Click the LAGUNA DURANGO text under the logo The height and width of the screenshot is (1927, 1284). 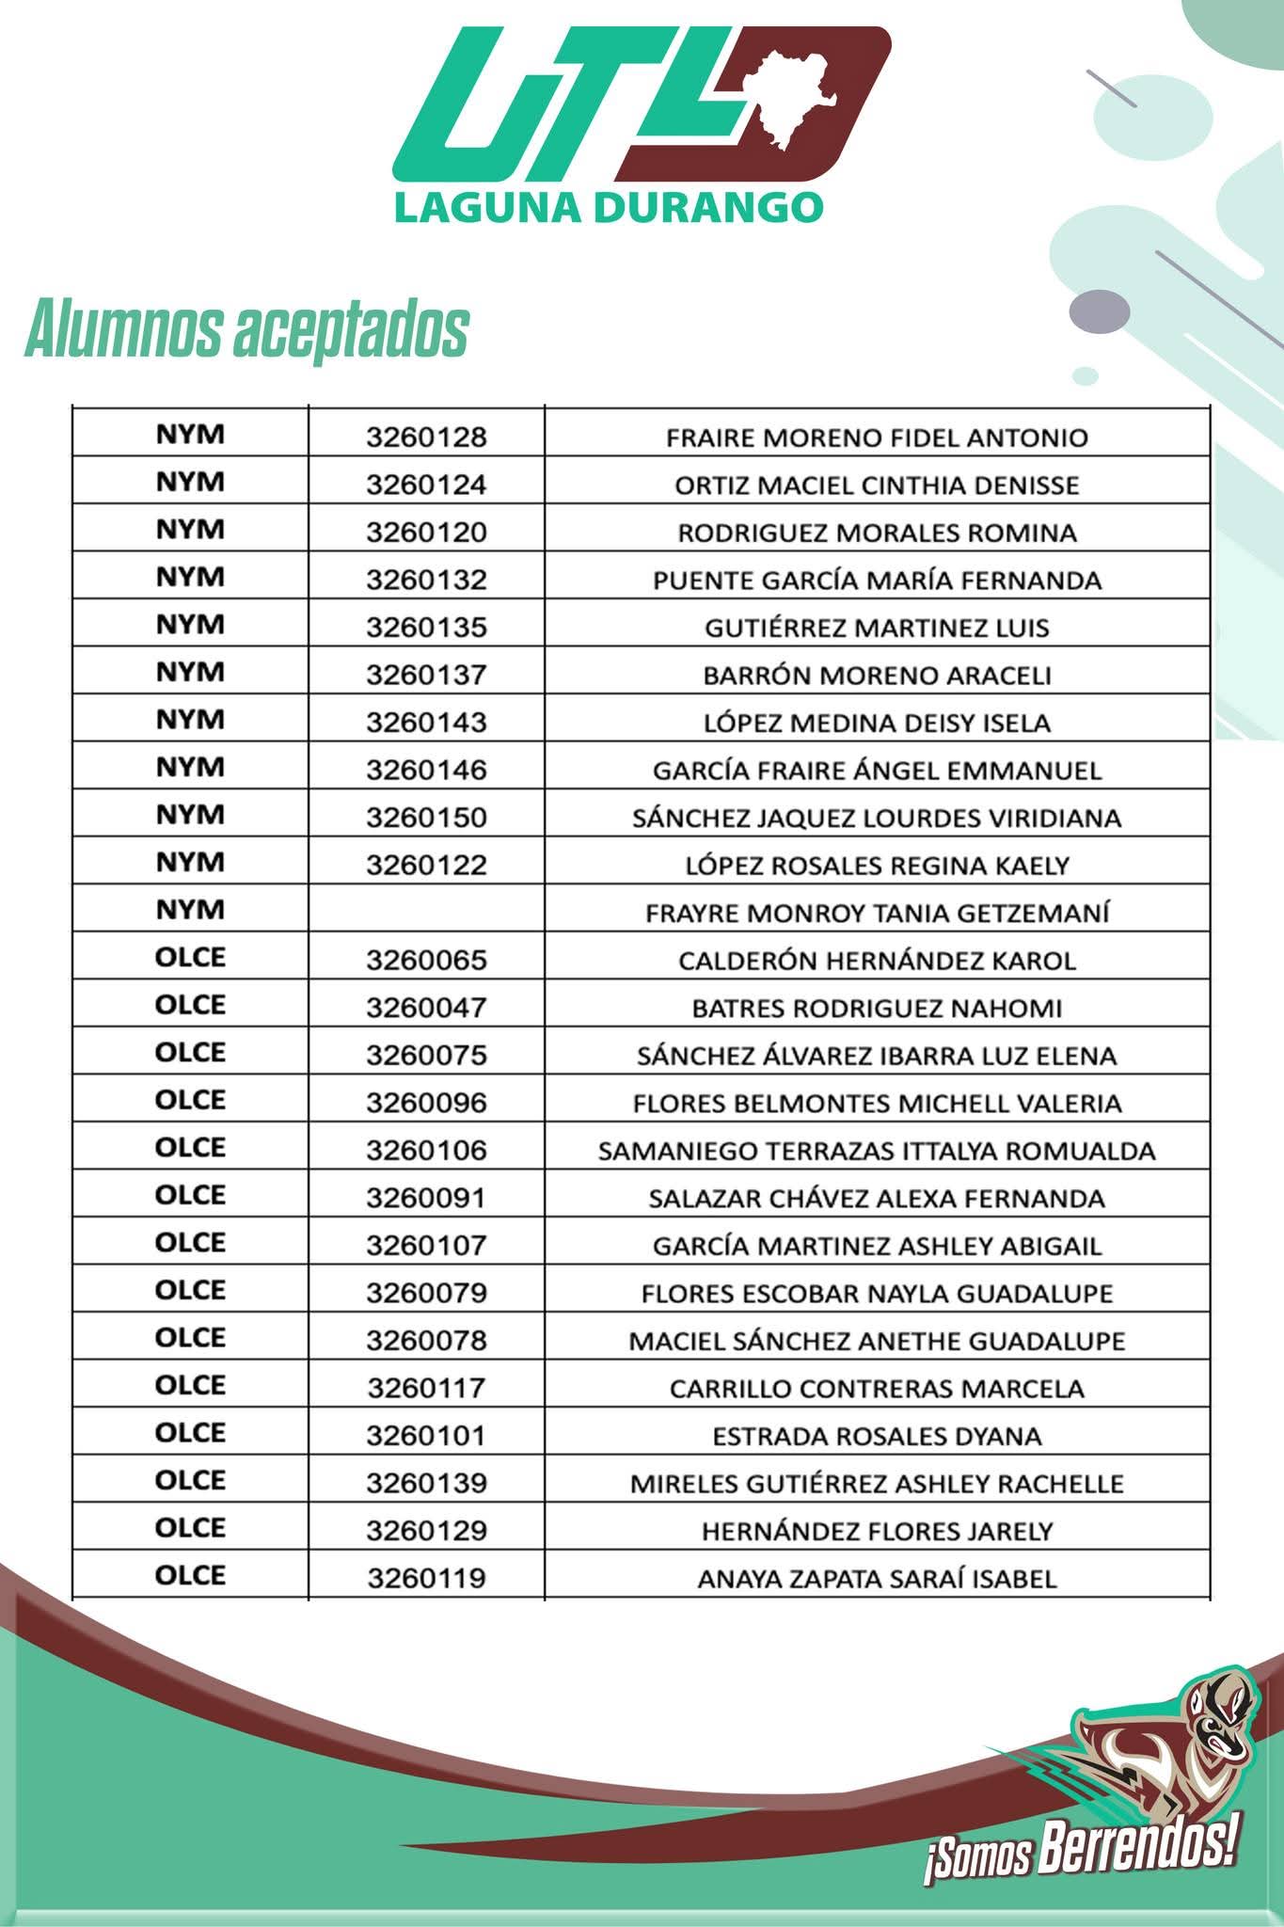(x=609, y=207)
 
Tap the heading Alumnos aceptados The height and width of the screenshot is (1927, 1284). (x=246, y=330)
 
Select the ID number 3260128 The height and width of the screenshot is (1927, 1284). (x=426, y=438)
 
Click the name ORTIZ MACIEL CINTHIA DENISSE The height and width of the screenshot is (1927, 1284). (x=877, y=486)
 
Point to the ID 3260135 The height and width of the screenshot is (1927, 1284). (x=426, y=628)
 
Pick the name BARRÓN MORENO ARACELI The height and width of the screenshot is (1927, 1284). (x=877, y=676)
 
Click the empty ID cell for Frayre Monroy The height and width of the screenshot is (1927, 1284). (x=426, y=911)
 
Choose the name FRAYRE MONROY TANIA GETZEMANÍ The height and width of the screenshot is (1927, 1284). (x=877, y=913)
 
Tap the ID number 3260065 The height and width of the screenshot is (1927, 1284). (x=426, y=961)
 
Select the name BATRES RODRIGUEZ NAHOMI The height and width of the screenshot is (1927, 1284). (x=877, y=1009)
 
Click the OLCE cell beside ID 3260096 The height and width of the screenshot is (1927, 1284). (x=190, y=1101)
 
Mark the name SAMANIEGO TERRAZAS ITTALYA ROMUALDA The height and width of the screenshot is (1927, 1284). (x=877, y=1151)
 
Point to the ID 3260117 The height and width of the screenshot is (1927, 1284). (x=426, y=1388)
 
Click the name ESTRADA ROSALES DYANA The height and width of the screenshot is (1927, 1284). (x=877, y=1436)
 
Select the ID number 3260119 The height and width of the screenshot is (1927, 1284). (x=426, y=1578)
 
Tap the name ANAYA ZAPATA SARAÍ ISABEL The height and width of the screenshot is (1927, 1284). (x=877, y=1579)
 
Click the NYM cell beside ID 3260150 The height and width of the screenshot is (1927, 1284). (x=190, y=815)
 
